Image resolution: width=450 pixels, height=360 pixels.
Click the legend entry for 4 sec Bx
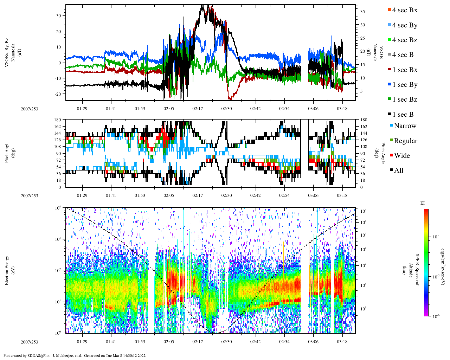coord(404,10)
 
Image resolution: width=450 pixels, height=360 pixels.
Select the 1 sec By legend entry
coord(404,85)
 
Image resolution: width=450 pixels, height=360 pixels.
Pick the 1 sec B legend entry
coord(403,115)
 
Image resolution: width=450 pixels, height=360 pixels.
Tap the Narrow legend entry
coord(405,126)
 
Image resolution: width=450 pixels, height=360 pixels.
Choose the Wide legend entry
coord(401,156)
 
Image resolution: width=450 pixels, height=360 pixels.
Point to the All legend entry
coord(398,171)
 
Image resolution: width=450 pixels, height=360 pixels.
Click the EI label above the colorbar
coord(423,203)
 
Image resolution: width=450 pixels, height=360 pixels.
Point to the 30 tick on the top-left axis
coord(58,16)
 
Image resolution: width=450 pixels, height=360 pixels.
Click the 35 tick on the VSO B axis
coord(362,12)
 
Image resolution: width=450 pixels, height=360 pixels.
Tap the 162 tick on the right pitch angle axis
coord(364,127)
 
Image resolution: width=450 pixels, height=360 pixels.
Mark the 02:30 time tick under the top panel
coord(226,109)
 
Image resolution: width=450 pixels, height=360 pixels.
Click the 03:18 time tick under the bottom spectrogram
coord(342,342)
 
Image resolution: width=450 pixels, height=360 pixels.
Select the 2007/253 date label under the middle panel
coord(29,196)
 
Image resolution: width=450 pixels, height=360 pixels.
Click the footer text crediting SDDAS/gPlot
coord(75,355)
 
